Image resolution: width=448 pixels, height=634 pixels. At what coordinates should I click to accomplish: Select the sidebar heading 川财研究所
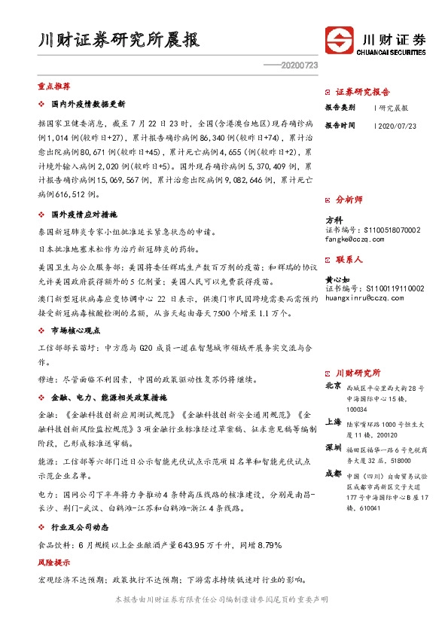[x=358, y=373]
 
